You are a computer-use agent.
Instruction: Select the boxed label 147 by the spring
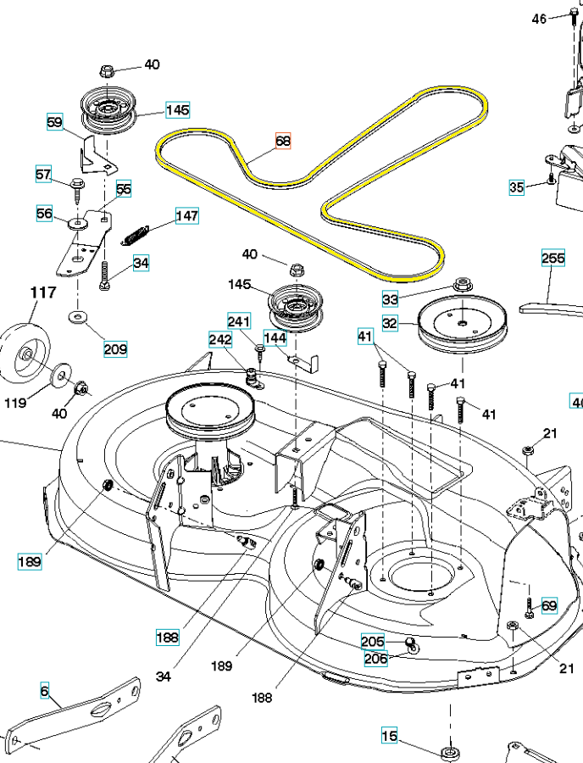tap(187, 216)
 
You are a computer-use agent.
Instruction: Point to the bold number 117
tap(43, 292)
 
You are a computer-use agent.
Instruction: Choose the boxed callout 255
tap(553, 257)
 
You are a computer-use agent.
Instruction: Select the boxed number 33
tap(390, 298)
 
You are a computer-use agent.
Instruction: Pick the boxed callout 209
tap(115, 348)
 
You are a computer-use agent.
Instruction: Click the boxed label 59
tap(55, 123)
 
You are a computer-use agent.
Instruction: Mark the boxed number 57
tap(43, 175)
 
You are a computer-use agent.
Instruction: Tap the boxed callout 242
tap(220, 341)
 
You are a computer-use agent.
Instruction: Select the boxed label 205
tap(373, 642)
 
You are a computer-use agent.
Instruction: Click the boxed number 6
tap(44, 691)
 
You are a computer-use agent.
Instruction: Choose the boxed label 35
tap(517, 187)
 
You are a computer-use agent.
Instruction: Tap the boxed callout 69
tap(549, 605)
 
